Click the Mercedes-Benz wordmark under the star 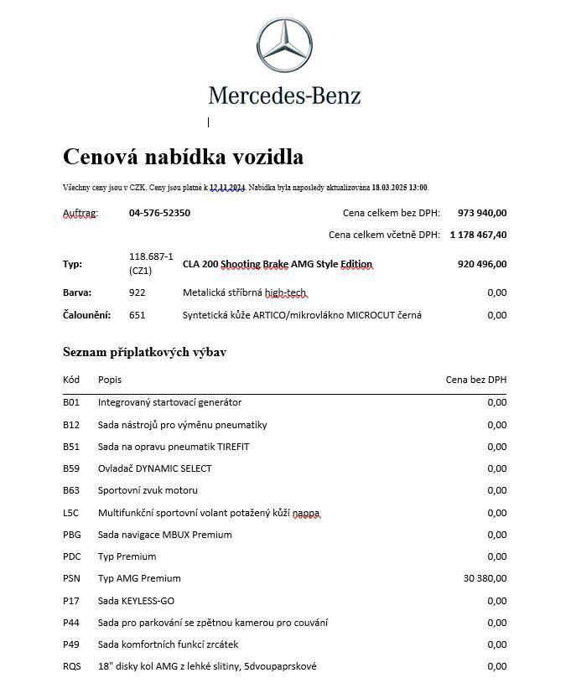click(285, 95)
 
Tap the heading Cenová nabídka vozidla click(183, 157)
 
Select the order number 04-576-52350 click(159, 213)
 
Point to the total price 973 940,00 click(482, 213)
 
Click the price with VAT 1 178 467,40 click(478, 235)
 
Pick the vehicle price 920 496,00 click(482, 264)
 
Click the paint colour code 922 click(138, 292)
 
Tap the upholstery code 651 click(138, 315)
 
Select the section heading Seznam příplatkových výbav click(144, 352)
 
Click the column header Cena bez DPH click(475, 380)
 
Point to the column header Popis click(110, 380)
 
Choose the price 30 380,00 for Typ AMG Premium click(485, 578)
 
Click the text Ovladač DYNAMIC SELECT click(155, 468)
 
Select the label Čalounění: click(87, 315)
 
